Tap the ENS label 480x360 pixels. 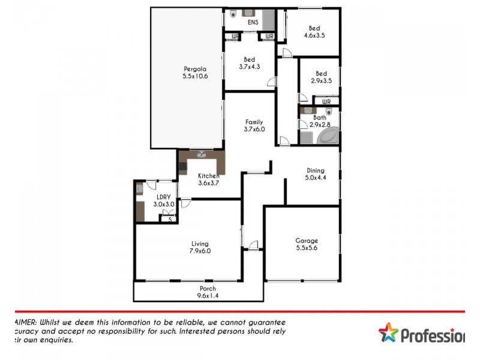point(253,23)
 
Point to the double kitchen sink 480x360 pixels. point(201,154)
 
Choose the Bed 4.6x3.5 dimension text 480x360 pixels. point(314,36)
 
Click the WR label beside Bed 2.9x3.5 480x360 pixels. point(326,102)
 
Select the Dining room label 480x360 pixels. point(316,170)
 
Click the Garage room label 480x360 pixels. point(307,241)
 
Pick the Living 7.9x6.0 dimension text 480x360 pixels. point(200,251)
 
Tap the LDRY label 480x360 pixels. point(164,197)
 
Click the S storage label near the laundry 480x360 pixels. point(170,220)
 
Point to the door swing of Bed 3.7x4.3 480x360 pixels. point(272,83)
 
